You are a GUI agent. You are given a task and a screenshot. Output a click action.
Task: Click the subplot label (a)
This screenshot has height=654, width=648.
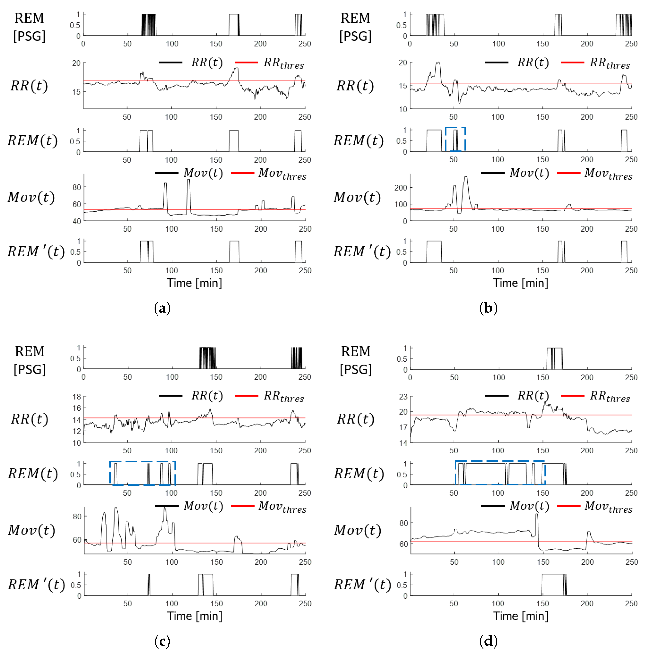162,308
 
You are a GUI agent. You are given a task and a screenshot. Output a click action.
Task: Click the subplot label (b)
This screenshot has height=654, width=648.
488,308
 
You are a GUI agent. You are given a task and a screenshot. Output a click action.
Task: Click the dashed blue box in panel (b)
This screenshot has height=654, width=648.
455,139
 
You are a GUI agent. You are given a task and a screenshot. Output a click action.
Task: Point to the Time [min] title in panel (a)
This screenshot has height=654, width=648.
194,283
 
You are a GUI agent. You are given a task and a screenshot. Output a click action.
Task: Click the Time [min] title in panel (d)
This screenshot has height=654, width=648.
520,616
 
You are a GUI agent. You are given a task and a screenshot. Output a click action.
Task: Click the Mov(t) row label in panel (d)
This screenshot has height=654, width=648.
358,530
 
